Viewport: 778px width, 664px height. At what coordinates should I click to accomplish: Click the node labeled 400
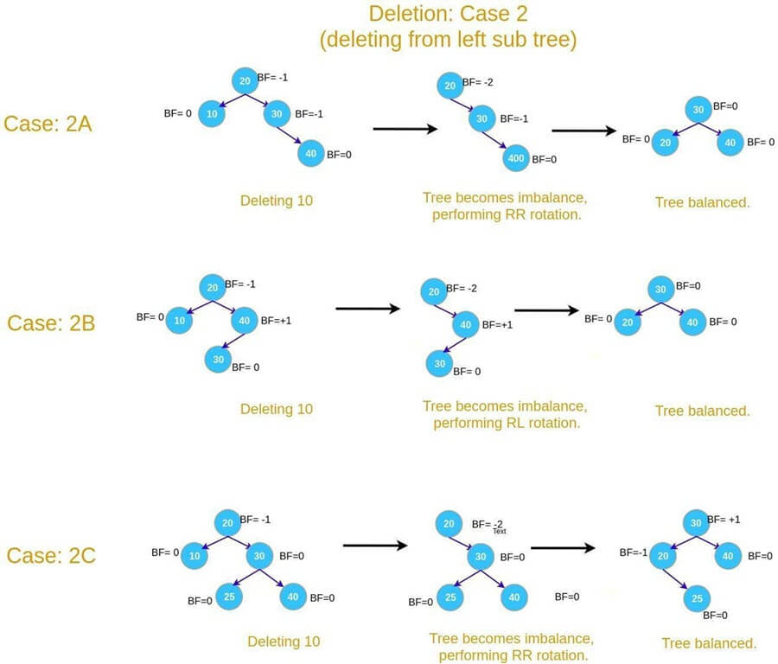(515, 160)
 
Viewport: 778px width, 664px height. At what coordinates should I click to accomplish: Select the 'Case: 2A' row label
(48, 124)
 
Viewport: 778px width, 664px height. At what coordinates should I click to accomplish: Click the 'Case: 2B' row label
(51, 322)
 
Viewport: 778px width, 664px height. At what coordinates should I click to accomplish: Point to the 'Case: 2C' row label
(51, 554)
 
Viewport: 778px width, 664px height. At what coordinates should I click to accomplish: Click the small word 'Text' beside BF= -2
(499, 531)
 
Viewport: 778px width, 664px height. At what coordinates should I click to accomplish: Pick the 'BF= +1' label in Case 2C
(724, 520)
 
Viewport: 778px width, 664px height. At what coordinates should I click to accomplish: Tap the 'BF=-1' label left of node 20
(633, 552)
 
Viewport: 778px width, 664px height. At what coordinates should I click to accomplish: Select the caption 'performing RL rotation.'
(506, 423)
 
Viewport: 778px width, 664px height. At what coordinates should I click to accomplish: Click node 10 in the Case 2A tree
(212, 113)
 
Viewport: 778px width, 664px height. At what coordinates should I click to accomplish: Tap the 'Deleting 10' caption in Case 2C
(284, 642)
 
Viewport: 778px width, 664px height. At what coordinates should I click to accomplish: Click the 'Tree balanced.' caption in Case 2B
(701, 411)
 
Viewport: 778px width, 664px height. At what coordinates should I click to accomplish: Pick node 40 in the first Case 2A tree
(310, 154)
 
